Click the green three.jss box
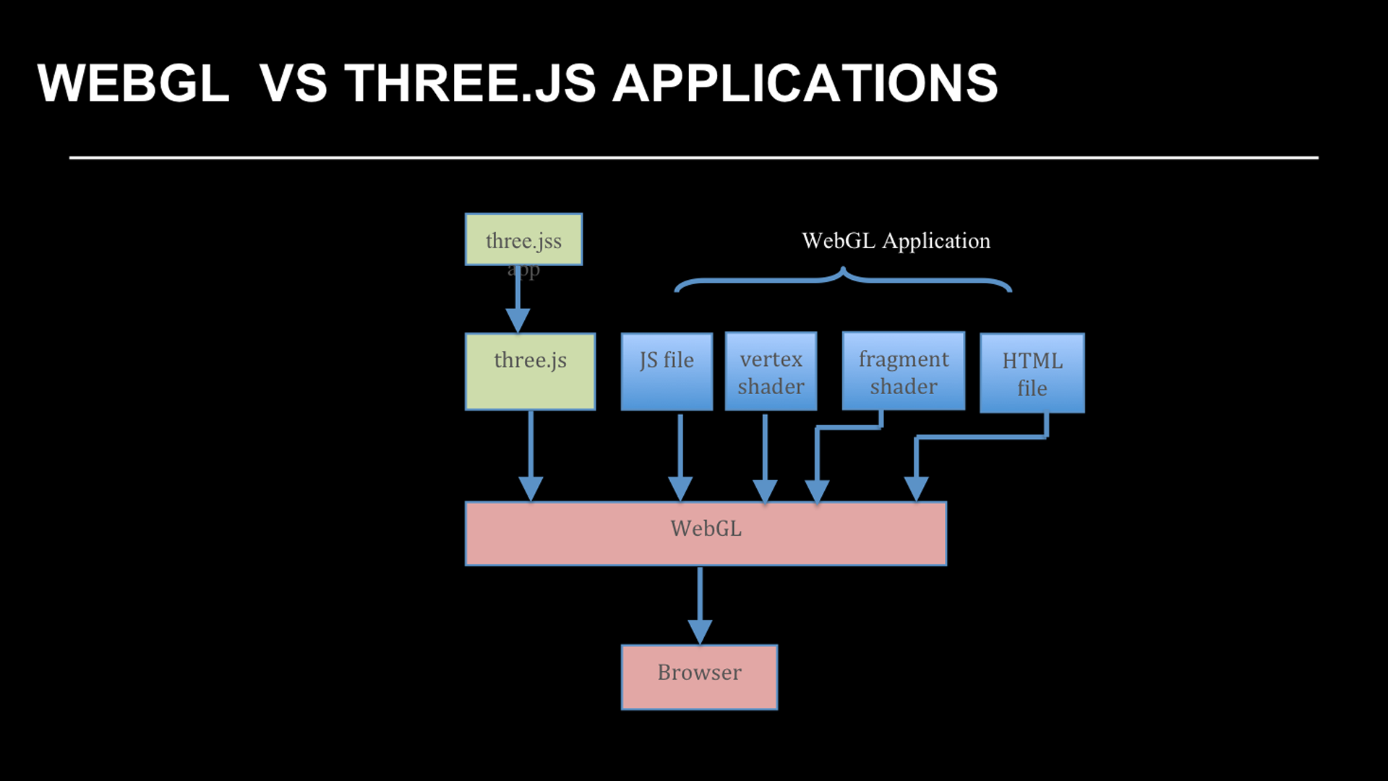pos(523,239)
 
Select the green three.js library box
pos(530,372)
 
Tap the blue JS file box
pos(667,372)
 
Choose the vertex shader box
pos(771,372)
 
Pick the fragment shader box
pos(903,372)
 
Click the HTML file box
pos(1032,373)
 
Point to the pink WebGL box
pos(706,533)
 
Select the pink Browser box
pos(699,677)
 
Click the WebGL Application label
pos(896,241)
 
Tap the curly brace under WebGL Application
pos(843,279)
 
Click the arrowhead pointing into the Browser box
pos(700,631)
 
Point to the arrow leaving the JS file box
pos(680,452)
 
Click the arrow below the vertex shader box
pos(765,452)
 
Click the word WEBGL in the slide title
pos(133,83)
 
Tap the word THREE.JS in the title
pos(470,83)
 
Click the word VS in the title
pos(293,83)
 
